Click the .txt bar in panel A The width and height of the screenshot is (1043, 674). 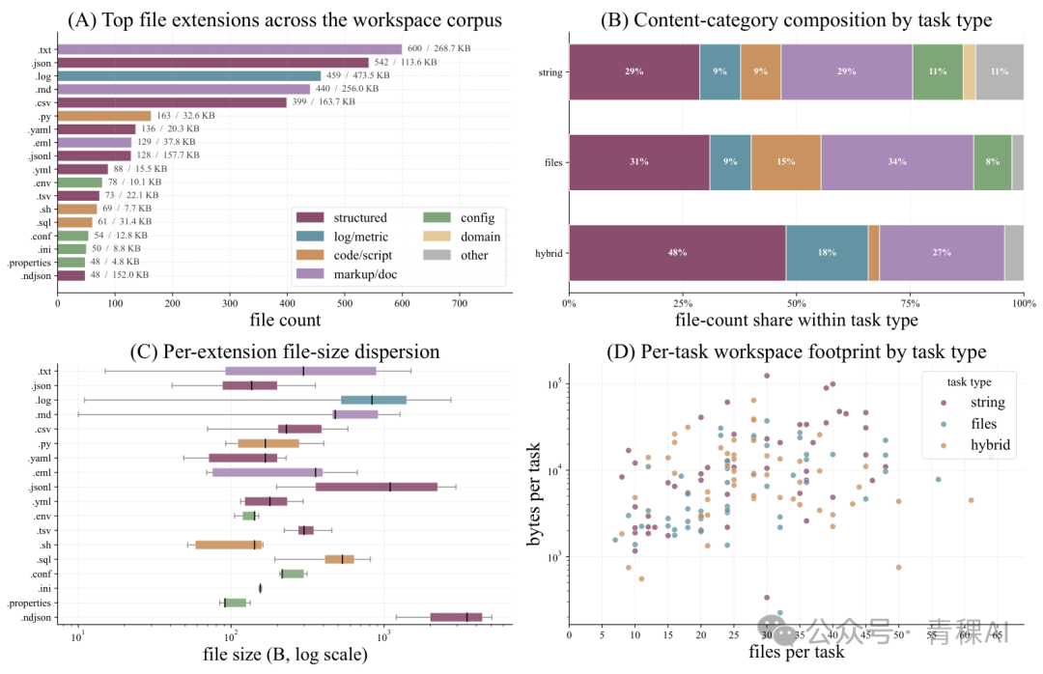(230, 49)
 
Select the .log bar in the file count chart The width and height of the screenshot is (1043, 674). (189, 76)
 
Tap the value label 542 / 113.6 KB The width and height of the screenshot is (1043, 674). (405, 62)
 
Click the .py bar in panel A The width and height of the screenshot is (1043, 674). (104, 116)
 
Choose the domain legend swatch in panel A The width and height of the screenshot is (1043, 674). (437, 237)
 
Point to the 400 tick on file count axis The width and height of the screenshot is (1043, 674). (288, 303)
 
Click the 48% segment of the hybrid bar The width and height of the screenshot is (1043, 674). (677, 253)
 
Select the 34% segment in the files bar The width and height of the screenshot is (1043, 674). (896, 162)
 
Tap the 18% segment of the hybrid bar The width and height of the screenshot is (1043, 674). (827, 253)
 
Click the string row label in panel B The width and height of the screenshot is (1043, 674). (550, 72)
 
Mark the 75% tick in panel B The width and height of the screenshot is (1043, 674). (910, 303)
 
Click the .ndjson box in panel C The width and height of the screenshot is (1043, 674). (456, 617)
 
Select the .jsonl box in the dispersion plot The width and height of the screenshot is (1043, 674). (377, 487)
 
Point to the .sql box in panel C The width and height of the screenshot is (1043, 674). (339, 559)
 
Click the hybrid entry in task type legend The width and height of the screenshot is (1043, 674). (990, 445)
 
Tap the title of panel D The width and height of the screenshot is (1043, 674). (796, 352)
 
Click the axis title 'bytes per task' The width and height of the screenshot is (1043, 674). (533, 494)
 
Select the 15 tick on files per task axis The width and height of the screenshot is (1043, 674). (668, 634)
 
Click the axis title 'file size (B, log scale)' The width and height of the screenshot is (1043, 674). (285, 655)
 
